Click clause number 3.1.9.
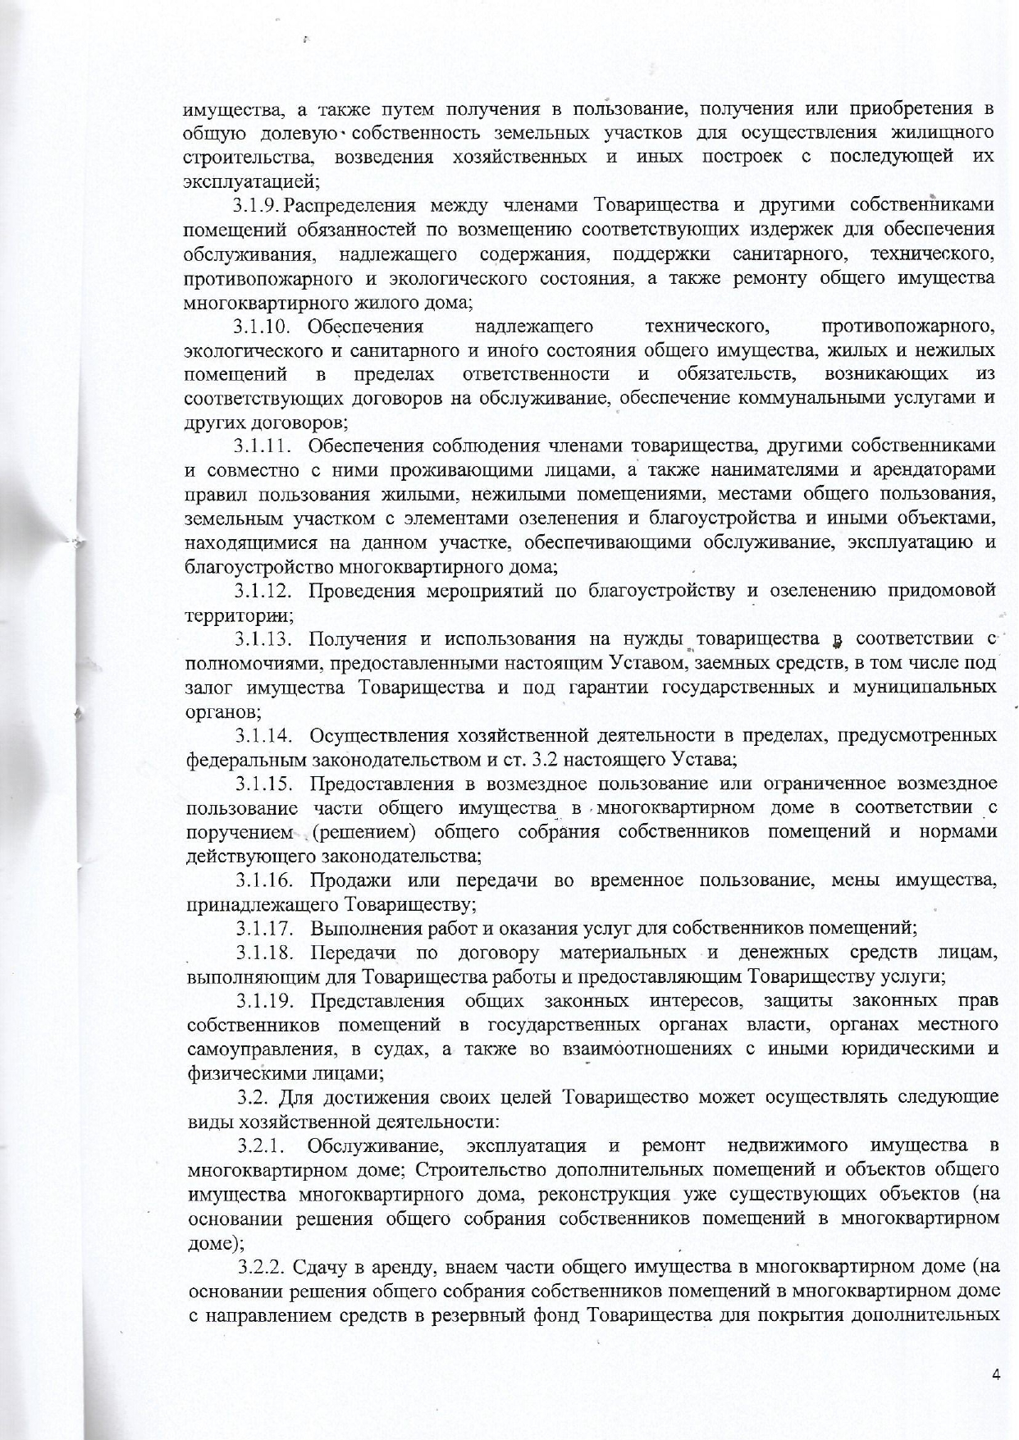pos(259,204)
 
